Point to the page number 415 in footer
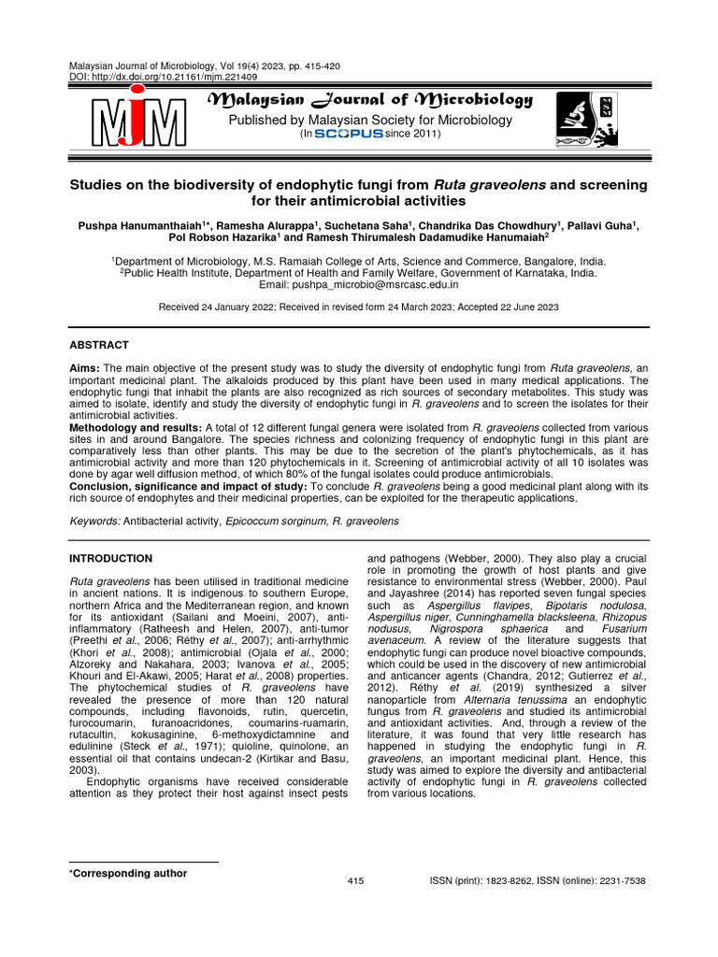(x=355, y=881)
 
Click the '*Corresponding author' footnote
(x=129, y=874)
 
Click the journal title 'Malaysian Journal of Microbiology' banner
(x=370, y=100)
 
